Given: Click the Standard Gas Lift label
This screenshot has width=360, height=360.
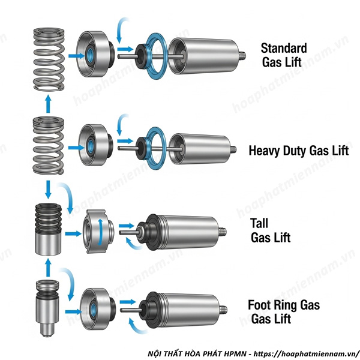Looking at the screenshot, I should click(284, 54).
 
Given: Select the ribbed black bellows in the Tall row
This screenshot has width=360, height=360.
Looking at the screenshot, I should click(48, 219).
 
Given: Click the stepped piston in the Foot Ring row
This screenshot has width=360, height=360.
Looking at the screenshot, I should click(47, 306).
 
